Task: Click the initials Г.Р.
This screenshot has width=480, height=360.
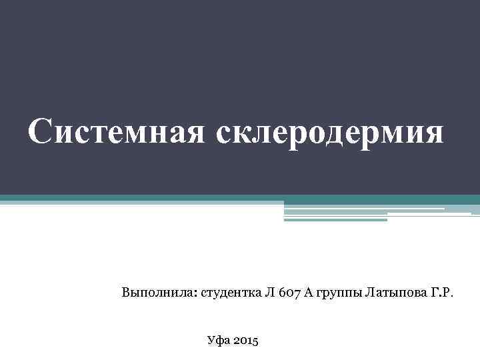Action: [441, 292]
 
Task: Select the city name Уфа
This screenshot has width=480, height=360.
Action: [219, 341]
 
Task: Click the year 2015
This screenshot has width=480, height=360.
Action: [249, 341]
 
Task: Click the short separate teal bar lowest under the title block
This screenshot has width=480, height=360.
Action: [335, 220]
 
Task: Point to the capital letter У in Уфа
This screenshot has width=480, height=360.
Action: [211, 341]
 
